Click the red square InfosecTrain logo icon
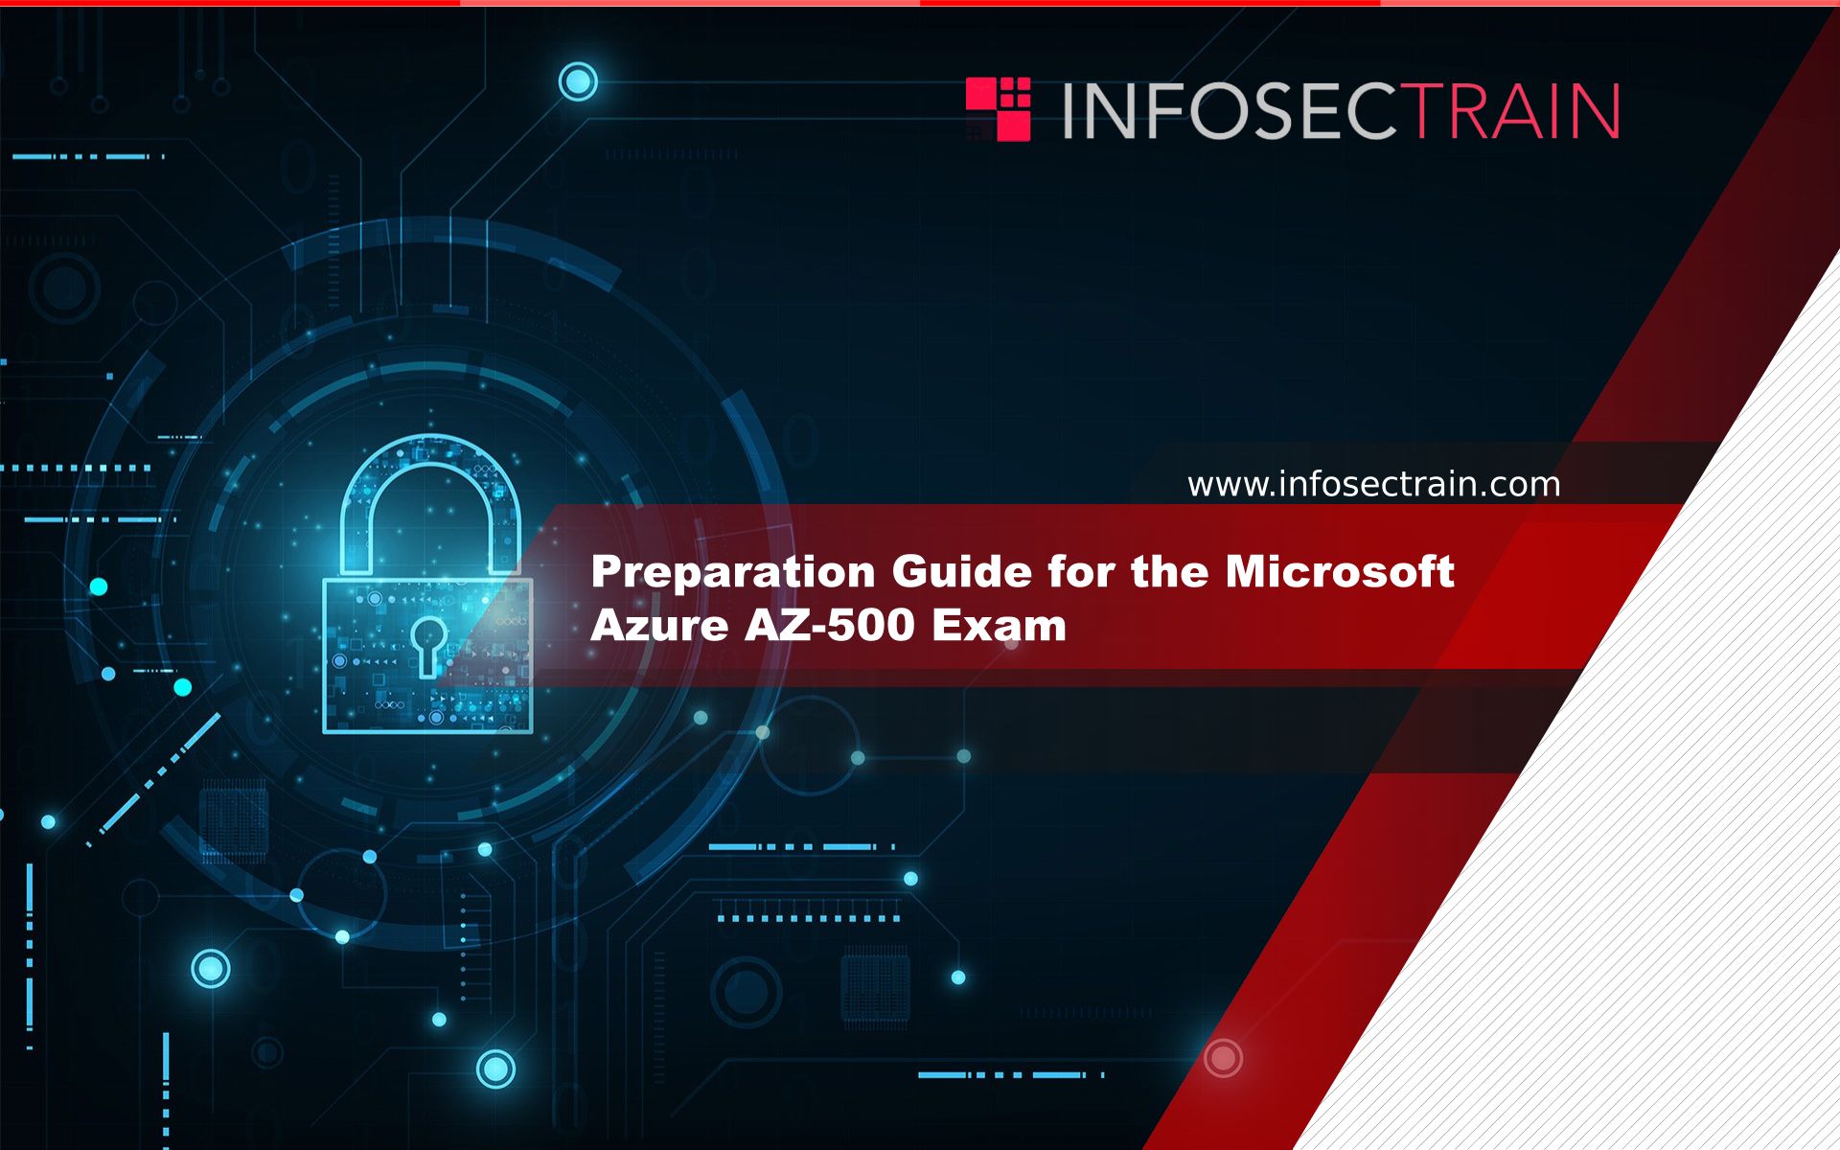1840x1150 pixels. coord(998,109)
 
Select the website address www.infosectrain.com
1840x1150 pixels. coord(1373,484)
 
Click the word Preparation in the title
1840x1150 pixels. coord(733,573)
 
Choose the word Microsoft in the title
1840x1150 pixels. coord(1340,571)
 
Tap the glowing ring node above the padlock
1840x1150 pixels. coord(578,81)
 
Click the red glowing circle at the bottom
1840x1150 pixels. coord(1223,1058)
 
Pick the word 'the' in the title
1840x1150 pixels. coord(1170,571)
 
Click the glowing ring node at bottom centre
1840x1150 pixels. coord(495,1069)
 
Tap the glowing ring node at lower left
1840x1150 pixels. coord(211,969)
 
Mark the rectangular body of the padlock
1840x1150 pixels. coord(427,655)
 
